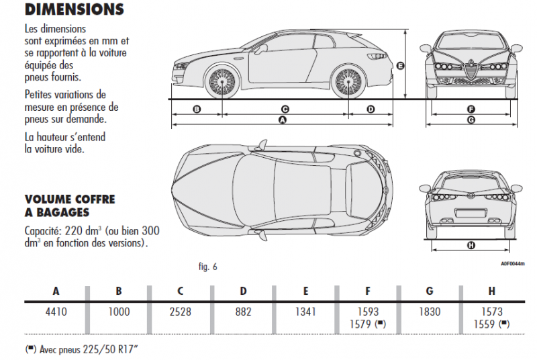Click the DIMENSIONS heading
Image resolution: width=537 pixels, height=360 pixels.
(74, 9)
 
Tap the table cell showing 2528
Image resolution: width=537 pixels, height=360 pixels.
(181, 312)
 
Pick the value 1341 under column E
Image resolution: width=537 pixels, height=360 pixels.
(305, 312)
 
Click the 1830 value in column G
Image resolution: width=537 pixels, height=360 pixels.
(430, 312)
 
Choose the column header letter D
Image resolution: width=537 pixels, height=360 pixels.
(244, 291)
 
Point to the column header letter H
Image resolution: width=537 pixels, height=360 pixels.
(493, 291)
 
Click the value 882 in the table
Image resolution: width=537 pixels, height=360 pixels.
(244, 312)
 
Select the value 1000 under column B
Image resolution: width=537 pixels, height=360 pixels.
(119, 312)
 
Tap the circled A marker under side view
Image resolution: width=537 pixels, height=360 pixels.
(283, 120)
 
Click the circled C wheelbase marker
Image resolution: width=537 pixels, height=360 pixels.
(285, 108)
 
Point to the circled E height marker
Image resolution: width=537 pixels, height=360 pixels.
(400, 66)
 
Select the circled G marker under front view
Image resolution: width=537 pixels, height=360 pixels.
(471, 120)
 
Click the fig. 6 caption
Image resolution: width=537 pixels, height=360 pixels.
(208, 267)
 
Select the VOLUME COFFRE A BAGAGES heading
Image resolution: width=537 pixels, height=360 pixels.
(70, 206)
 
